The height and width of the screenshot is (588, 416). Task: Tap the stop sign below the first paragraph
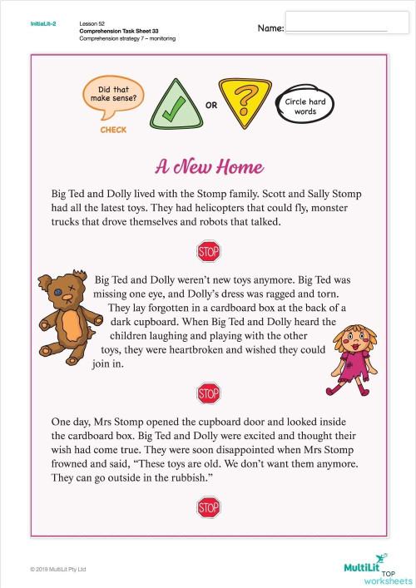(207, 250)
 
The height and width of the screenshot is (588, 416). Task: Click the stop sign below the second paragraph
(207, 393)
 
